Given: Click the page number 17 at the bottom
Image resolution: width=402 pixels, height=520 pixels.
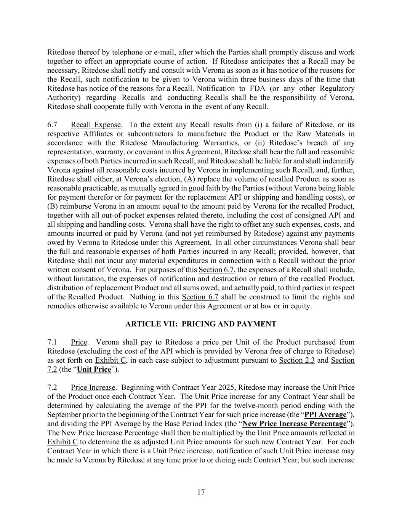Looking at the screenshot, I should [201, 492].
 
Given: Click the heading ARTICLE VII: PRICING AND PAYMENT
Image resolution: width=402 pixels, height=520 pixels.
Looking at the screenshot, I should [201, 324].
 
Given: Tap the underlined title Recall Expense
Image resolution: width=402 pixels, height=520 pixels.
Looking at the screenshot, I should [96, 125].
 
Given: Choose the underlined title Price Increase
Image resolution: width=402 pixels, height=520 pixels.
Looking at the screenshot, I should [93, 387].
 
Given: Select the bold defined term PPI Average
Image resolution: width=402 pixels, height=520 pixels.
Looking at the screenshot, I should [325, 414].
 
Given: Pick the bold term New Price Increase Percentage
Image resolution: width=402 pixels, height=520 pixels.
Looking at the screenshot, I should [294, 424].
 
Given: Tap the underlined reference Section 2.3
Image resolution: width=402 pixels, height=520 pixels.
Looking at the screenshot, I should [296, 360].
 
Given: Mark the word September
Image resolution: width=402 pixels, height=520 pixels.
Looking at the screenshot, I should [63, 414].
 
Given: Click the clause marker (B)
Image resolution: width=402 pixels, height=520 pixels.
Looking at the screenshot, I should [52, 206].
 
